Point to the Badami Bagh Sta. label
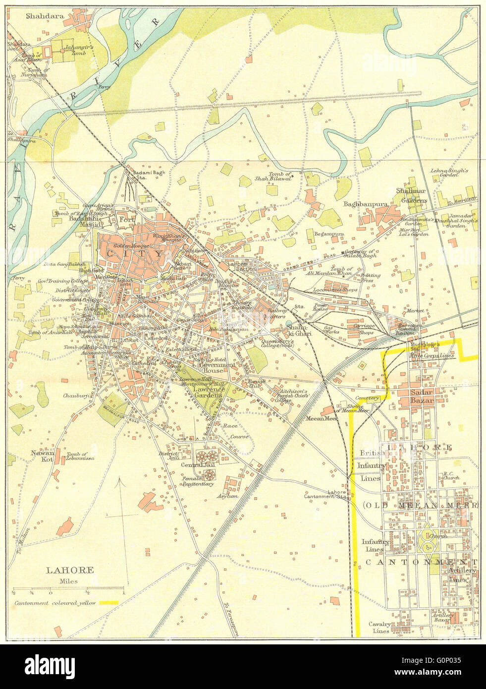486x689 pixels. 135,174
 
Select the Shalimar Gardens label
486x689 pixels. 411,195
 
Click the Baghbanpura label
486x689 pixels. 365,204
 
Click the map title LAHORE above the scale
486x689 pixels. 70,570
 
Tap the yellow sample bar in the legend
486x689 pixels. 108,603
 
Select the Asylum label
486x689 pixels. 230,496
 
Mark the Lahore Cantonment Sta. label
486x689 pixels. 327,494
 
